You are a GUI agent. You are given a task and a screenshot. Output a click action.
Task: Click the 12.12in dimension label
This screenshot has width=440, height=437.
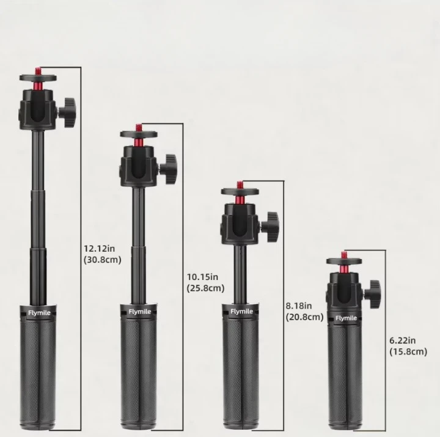(x=100, y=248)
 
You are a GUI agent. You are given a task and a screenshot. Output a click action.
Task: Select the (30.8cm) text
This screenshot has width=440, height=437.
(x=103, y=260)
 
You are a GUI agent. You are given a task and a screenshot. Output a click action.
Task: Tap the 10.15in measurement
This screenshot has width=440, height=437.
(x=202, y=277)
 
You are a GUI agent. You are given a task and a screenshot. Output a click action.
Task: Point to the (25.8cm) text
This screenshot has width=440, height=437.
(x=206, y=288)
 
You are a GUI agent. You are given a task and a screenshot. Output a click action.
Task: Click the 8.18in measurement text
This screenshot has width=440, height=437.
(x=299, y=306)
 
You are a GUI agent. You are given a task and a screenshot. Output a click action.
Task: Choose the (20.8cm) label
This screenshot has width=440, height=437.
(x=305, y=317)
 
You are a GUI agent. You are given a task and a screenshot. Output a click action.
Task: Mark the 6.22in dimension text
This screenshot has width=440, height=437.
(x=402, y=340)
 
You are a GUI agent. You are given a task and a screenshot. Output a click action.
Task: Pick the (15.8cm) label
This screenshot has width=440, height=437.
(x=408, y=351)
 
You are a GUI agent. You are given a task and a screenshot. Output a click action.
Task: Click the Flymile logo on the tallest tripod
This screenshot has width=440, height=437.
(x=39, y=313)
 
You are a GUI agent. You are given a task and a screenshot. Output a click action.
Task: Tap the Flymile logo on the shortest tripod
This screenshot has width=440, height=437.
(x=346, y=318)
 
